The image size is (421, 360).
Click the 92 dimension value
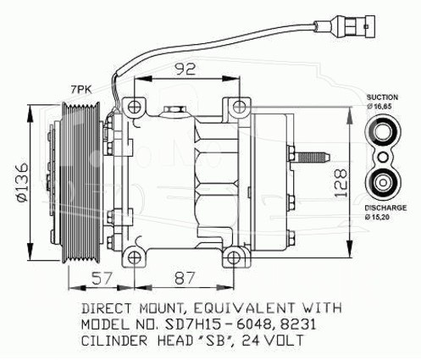click(x=185, y=69)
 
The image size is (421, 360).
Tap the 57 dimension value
click(x=102, y=278)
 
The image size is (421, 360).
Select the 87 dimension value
click(x=185, y=278)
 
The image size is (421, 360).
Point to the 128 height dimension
click(x=340, y=183)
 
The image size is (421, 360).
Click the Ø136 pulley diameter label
click(x=22, y=182)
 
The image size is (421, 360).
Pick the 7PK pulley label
click(x=80, y=90)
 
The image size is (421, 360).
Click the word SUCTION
click(x=382, y=97)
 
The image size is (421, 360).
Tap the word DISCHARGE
click(x=385, y=208)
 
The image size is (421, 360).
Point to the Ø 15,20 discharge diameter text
click(x=377, y=217)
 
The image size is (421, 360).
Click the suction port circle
click(x=383, y=132)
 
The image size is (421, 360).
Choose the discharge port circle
click(x=383, y=182)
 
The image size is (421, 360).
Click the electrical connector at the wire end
click(x=346, y=26)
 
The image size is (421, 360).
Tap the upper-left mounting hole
click(x=135, y=107)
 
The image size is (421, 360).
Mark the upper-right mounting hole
click(x=240, y=107)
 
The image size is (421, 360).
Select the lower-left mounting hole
click(x=135, y=258)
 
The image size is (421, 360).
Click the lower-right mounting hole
click(x=234, y=258)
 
